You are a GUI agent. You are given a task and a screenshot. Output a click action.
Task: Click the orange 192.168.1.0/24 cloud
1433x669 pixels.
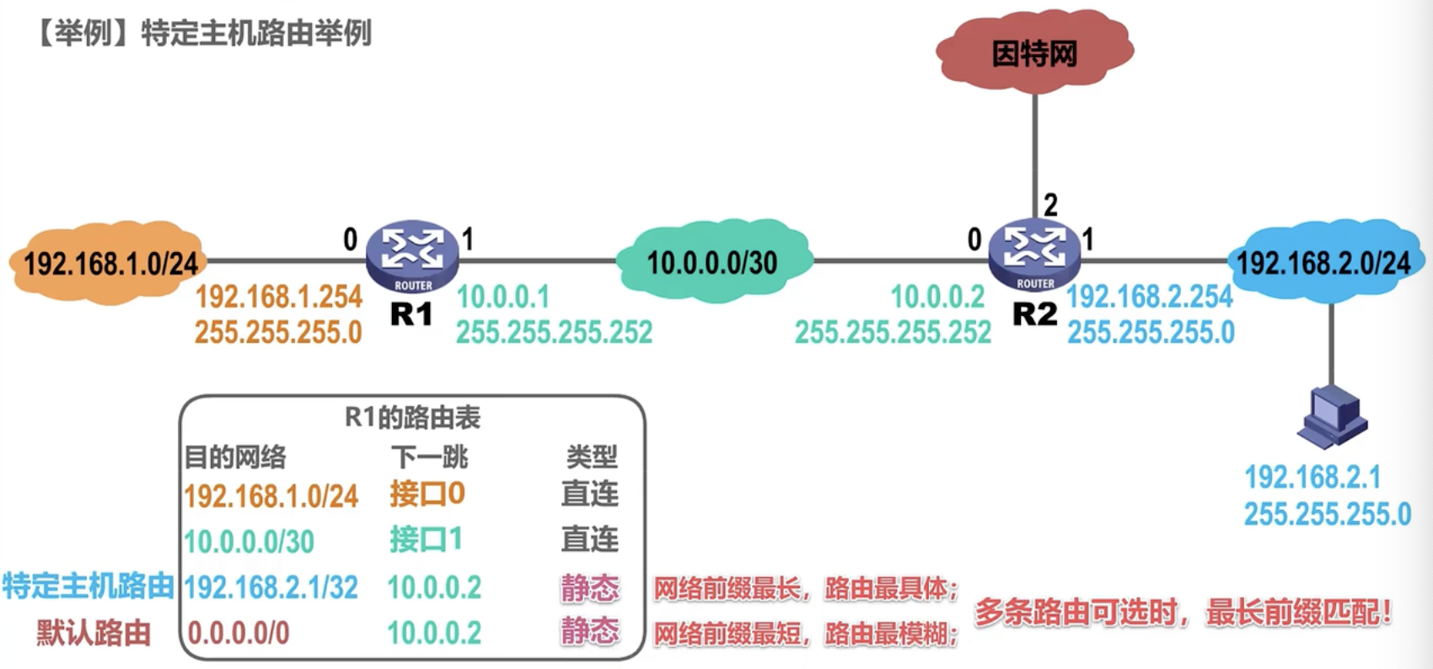109,262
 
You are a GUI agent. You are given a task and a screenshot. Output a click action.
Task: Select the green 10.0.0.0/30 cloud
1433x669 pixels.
713,261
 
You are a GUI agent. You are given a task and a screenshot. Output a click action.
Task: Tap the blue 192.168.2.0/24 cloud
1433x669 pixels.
1325,261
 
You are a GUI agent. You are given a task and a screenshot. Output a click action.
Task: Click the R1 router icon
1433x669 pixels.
413,257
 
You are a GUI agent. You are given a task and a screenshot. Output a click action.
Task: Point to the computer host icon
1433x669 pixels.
1332,417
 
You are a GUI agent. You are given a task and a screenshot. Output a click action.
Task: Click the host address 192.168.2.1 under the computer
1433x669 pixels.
1312,477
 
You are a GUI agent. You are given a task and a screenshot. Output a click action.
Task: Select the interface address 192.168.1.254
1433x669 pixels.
278,297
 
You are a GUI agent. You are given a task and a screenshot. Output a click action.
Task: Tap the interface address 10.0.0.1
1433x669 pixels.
503,297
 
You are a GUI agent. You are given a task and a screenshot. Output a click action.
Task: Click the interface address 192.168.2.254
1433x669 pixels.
1150,296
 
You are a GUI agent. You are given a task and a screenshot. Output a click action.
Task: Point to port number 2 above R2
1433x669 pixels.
1050,206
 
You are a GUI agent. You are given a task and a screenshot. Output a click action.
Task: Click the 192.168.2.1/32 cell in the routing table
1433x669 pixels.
271,587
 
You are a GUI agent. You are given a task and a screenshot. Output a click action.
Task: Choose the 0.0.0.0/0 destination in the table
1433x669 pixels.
238,633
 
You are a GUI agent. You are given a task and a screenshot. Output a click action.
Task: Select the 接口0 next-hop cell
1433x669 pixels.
427,494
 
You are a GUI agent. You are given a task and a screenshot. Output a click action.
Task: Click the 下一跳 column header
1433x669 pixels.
429,457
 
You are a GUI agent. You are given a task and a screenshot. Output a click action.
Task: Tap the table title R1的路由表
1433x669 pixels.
413,417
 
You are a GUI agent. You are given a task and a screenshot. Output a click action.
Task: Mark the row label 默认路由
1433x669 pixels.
94,633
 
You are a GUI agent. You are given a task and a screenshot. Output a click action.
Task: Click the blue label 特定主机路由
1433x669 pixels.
89,586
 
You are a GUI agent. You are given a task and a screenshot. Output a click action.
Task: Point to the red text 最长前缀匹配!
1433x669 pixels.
1299,613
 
